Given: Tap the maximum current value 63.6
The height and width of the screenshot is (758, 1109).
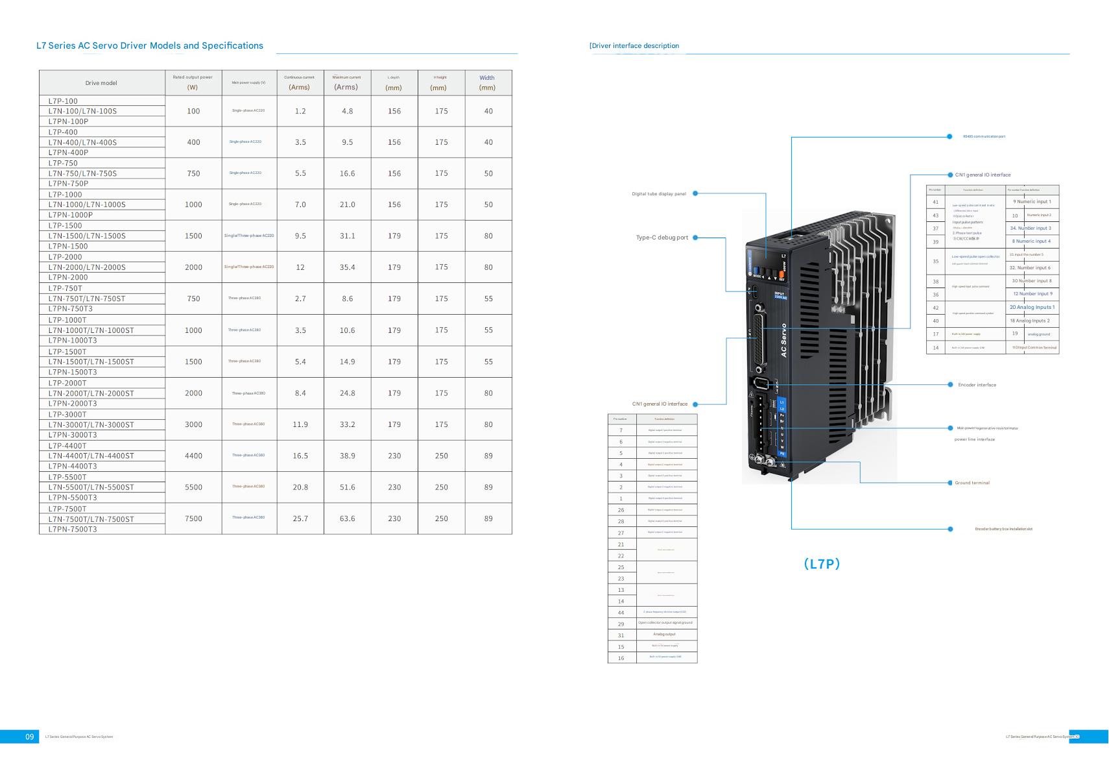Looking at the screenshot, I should pyautogui.click(x=347, y=519).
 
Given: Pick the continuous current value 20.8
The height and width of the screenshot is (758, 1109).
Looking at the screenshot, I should pyautogui.click(x=300, y=487).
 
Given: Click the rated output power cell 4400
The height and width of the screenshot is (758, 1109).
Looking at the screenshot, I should pyautogui.click(x=193, y=456).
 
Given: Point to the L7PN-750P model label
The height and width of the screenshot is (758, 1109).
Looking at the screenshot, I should pyautogui.click(x=68, y=184).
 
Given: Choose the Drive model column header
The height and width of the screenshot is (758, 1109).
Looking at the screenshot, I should pyautogui.click(x=101, y=83).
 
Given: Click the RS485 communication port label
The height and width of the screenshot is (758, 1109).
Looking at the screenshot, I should pyautogui.click(x=984, y=136).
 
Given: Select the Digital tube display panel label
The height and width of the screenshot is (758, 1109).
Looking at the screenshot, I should pyautogui.click(x=659, y=194).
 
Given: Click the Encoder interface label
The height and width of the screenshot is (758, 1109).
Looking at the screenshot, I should pyautogui.click(x=977, y=385).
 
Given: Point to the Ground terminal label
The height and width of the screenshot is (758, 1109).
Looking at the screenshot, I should pyautogui.click(x=972, y=483).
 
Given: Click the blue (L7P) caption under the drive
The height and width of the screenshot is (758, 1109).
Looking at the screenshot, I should pyautogui.click(x=822, y=564).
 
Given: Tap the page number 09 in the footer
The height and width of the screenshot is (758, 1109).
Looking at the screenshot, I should pyautogui.click(x=29, y=737).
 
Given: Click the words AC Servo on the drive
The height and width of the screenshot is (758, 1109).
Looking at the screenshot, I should pyautogui.click(x=783, y=340).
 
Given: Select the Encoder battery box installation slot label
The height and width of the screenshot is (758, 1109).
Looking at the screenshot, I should pyautogui.click(x=1003, y=529).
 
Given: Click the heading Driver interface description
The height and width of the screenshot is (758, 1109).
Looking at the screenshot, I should pyautogui.click(x=635, y=46).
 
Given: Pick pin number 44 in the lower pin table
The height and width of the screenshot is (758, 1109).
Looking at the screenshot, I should pyautogui.click(x=621, y=613).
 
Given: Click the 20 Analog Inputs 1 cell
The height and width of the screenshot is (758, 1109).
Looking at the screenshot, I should pyautogui.click(x=1032, y=308).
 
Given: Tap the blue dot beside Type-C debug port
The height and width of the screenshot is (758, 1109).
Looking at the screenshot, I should pyautogui.click(x=695, y=238).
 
